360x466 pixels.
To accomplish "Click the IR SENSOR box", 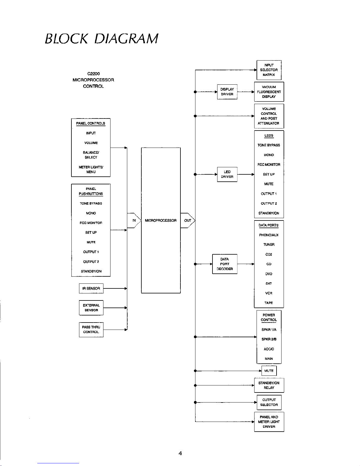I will pyautogui.click(x=91, y=288).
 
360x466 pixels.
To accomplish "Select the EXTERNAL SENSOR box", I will pyautogui.click(x=91, y=308).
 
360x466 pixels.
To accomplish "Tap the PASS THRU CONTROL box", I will pyautogui.click(x=91, y=330).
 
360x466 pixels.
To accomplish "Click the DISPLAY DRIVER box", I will pyautogui.click(x=227, y=92).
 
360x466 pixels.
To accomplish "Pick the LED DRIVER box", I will pyautogui.click(x=227, y=174).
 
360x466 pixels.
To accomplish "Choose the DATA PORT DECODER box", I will pyautogui.click(x=225, y=264).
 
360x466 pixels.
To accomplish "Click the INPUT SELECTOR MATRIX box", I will pyautogui.click(x=269, y=70).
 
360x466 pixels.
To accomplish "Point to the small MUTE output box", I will pyautogui.click(x=269, y=371).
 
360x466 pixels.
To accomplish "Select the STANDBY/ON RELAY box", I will pyautogui.click(x=269, y=385).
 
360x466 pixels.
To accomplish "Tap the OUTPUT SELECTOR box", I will pyautogui.click(x=269, y=402).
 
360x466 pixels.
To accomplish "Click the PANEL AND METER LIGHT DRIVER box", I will pyautogui.click(x=269, y=422).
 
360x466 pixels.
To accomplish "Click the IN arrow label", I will pyautogui.click(x=134, y=221).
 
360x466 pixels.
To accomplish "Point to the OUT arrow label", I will pyautogui.click(x=187, y=221).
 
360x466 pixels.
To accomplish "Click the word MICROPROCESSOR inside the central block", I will pyautogui.click(x=161, y=221).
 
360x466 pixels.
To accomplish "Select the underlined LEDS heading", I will pyautogui.click(x=269, y=136).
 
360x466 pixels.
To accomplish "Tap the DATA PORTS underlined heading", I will pyautogui.click(x=269, y=225).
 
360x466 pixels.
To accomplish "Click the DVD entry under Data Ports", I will pyautogui.click(x=269, y=274).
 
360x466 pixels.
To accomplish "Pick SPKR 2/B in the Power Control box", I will pyautogui.click(x=269, y=339).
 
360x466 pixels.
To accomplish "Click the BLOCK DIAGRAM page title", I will pyautogui.click(x=101, y=39).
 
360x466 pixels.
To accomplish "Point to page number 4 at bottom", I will pyautogui.click(x=180, y=453).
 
